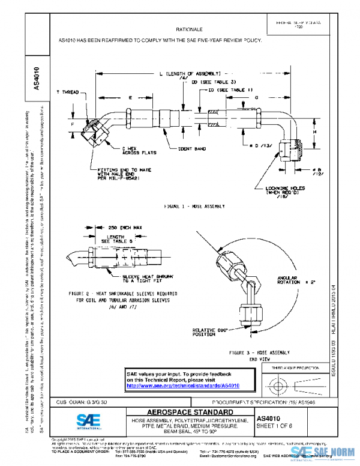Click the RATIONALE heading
[x=189, y=29]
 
